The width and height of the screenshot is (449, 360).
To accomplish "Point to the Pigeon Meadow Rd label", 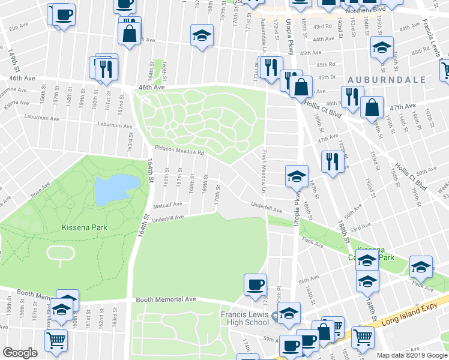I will click(175, 152).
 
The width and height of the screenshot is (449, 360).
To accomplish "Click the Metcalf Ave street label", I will click(167, 205).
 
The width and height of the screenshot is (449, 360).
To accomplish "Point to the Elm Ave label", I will click(19, 26).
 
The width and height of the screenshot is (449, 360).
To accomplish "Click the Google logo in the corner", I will click(20, 353).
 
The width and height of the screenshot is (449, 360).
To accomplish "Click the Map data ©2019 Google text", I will click(411, 355).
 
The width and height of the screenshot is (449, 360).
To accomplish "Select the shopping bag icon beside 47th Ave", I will click(373, 107).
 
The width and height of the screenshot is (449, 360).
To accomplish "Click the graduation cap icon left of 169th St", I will click(202, 35).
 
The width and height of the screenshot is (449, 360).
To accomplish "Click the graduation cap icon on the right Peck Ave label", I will click(421, 267).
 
